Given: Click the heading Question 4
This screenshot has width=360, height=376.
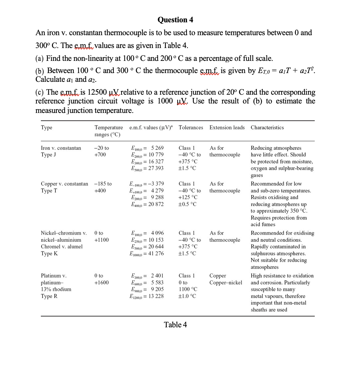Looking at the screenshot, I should pyautogui.click(x=175, y=20).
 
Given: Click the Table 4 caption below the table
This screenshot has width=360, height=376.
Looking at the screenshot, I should pyautogui.click(x=175, y=325).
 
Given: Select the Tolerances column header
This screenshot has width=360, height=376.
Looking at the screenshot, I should pyautogui.click(x=191, y=127).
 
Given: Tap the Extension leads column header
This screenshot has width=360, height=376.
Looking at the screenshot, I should pyautogui.click(x=227, y=127).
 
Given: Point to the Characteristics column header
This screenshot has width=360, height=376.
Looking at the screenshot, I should pyautogui.click(x=267, y=127).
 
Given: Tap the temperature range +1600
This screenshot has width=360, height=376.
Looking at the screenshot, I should pyautogui.click(x=102, y=283).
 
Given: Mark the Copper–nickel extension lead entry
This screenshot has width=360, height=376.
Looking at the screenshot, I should pyautogui.click(x=226, y=283).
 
